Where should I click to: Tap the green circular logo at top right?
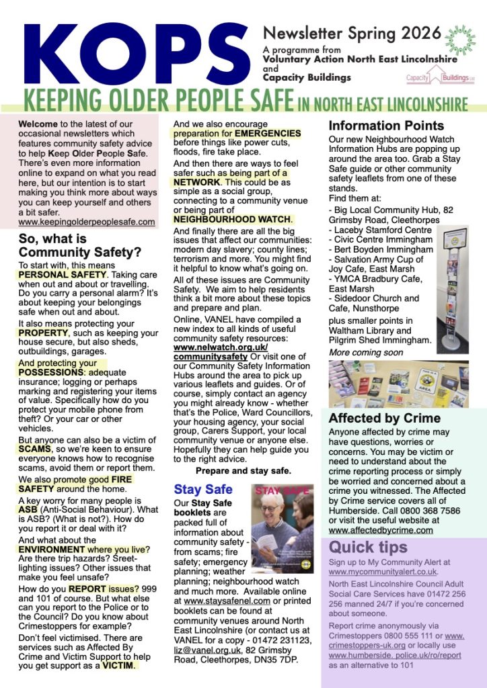(461, 40)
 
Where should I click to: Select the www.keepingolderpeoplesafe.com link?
(87, 222)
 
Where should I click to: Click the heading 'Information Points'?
(386, 126)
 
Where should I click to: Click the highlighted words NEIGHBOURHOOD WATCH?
(233, 219)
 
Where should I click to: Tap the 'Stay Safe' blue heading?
(202, 488)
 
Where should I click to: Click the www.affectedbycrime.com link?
(381, 529)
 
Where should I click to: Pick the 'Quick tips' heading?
(368, 547)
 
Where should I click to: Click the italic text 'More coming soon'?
(366, 352)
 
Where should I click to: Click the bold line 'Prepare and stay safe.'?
(243, 470)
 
